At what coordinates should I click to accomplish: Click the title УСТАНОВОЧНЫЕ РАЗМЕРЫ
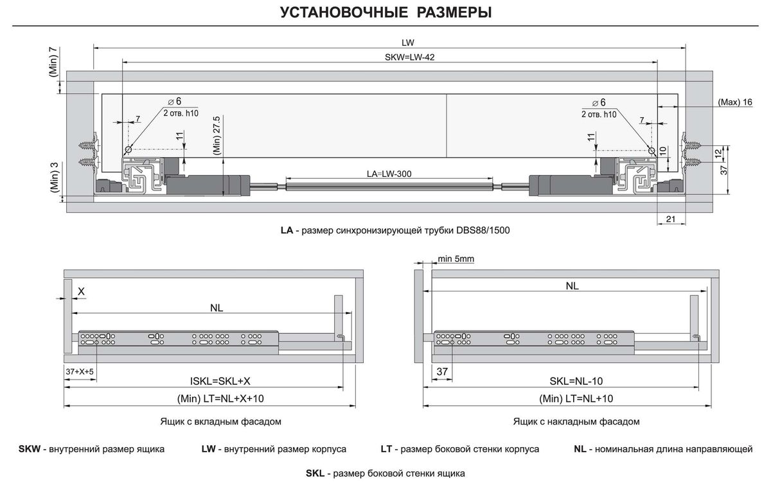[x=386, y=12]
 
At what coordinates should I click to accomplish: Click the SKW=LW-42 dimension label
[x=409, y=57]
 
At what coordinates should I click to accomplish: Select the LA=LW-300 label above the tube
[x=389, y=174]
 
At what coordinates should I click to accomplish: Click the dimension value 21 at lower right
[x=670, y=219]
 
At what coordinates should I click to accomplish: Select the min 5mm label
[x=456, y=259]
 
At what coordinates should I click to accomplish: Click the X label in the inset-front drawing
[x=81, y=291]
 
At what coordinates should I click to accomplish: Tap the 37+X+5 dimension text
[x=80, y=372]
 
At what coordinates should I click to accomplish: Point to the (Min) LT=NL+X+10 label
[x=220, y=399]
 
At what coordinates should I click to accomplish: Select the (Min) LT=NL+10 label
[x=576, y=399]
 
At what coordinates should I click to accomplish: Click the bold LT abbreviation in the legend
[x=386, y=449]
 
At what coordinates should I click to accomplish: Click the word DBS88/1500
[x=485, y=230]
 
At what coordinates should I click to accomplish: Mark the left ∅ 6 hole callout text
[x=174, y=102]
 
